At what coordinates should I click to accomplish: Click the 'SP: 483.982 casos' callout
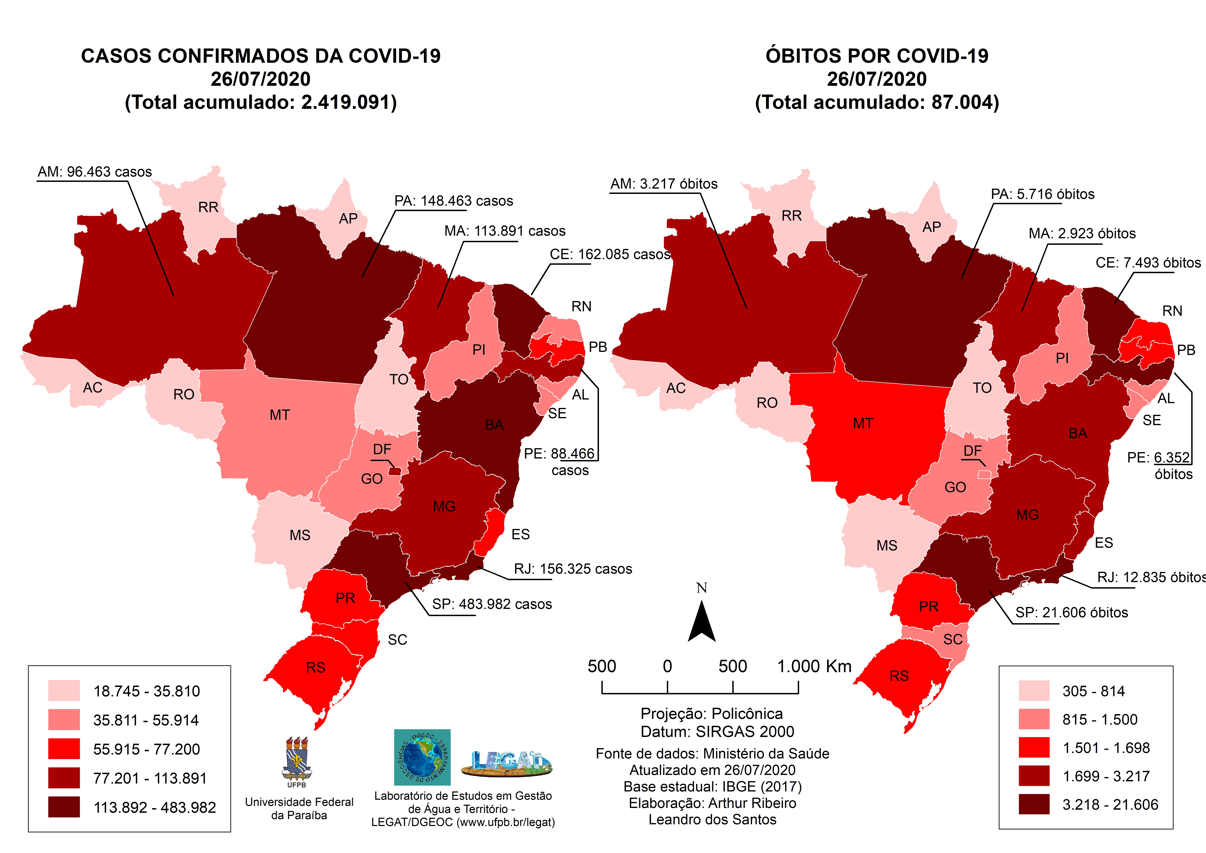[492, 604]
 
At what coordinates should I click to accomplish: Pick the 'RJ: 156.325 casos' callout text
[573, 569]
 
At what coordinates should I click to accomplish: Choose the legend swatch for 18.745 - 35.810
[64, 691]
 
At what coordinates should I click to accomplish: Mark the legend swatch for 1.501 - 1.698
[1034, 747]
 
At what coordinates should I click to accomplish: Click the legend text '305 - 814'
[1093, 691]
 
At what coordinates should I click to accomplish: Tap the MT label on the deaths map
[863, 424]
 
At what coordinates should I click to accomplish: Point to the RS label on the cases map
[316, 668]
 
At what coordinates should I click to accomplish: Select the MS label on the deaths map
[887, 545]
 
